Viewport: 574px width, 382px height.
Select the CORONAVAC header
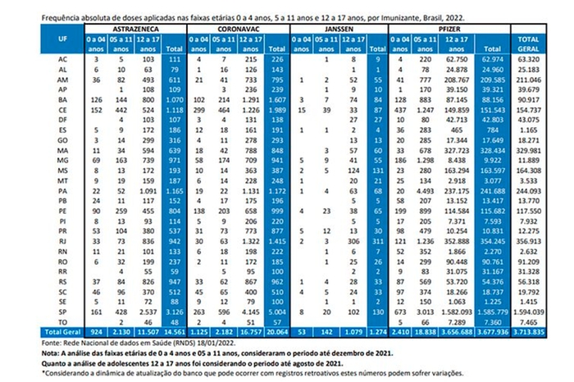237,28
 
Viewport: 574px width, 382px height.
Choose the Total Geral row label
63,330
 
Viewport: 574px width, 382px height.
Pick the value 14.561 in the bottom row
173,330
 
